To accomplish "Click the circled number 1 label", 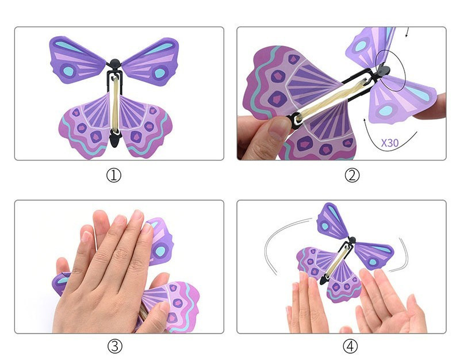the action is pos(113,175).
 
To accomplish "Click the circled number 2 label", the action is pos(352,175).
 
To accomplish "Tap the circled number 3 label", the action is pos(114,346).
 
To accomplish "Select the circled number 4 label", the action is pos(350,346).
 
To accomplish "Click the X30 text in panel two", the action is pos(390,143).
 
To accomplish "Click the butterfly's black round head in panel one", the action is pos(115,63).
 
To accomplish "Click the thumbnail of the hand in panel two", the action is pos(277,128).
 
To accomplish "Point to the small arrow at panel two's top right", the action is pos(407,32).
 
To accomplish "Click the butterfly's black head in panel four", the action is pos(352,240).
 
